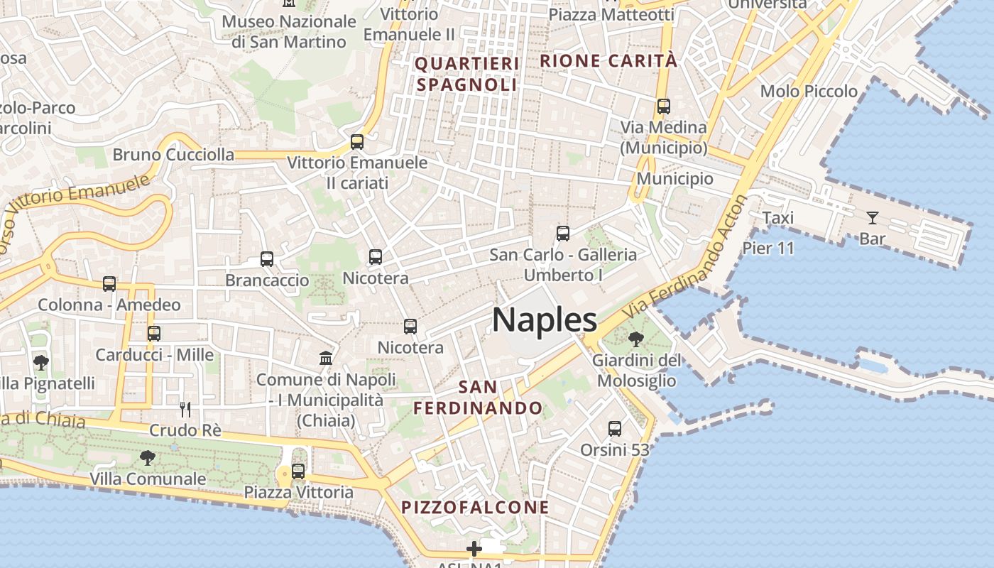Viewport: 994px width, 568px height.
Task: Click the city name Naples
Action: pyautogui.click(x=545, y=320)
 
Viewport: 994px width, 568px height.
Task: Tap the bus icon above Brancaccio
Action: pyautogui.click(x=267, y=259)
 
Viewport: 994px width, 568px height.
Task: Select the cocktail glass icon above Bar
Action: pyautogui.click(x=872, y=218)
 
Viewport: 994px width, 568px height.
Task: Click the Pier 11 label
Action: pyautogui.click(x=768, y=248)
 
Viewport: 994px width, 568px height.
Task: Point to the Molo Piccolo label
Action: pyautogui.click(x=809, y=92)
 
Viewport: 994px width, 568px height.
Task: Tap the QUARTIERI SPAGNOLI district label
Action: pyautogui.click(x=467, y=74)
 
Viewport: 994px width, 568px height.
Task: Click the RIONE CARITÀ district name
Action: pyautogui.click(x=608, y=61)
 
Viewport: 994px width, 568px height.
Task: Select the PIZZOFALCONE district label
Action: pyautogui.click(x=475, y=507)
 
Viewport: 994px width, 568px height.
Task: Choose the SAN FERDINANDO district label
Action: pyautogui.click(x=478, y=398)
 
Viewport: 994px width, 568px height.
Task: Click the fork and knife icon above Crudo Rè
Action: pyautogui.click(x=185, y=409)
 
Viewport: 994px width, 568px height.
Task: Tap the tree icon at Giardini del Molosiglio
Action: pyautogui.click(x=635, y=339)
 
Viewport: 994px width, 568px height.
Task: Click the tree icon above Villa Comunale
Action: pyautogui.click(x=147, y=458)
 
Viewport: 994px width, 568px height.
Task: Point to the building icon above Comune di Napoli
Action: pyautogui.click(x=326, y=358)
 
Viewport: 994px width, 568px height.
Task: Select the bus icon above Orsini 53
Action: pyautogui.click(x=615, y=429)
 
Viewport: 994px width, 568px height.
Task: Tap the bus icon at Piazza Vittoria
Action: pyautogui.click(x=298, y=471)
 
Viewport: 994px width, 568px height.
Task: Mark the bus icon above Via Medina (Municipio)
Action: pyautogui.click(x=664, y=106)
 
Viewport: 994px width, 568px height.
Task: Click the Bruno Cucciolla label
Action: pyautogui.click(x=173, y=155)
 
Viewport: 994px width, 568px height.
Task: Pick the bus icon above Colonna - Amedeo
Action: pyautogui.click(x=109, y=284)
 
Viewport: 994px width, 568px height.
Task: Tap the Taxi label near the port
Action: pyautogui.click(x=777, y=218)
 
